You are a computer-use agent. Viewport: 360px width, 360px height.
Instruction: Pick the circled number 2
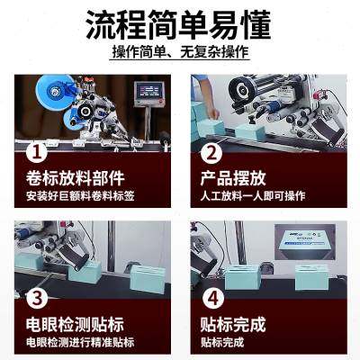point(211,152)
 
